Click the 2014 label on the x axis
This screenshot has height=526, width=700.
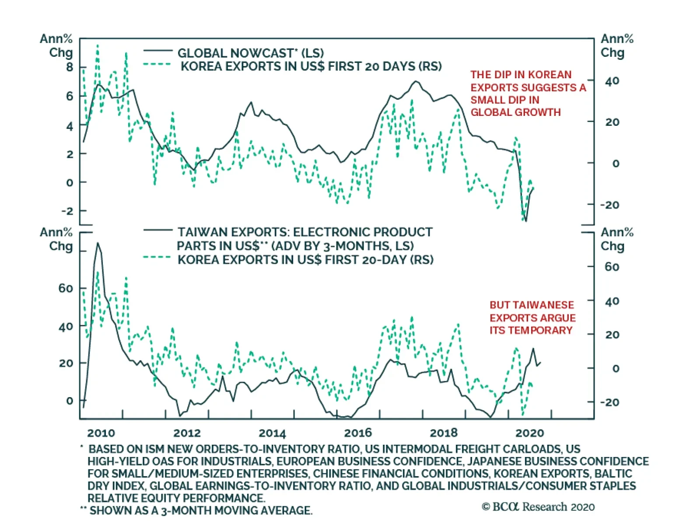(272, 433)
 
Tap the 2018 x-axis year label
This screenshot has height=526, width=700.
(443, 433)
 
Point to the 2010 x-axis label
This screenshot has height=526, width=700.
(101, 433)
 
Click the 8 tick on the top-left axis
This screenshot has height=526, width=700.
(70, 67)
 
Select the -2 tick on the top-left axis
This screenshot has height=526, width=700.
(67, 211)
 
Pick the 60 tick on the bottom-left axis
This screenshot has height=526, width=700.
(66, 288)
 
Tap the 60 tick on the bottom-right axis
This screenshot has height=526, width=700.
(612, 266)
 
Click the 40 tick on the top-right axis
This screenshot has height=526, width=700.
(612, 81)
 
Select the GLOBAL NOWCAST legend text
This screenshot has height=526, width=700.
(250, 53)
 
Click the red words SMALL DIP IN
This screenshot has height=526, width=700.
(505, 100)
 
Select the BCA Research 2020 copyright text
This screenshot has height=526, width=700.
(538, 507)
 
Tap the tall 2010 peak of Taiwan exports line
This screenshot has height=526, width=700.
(98, 243)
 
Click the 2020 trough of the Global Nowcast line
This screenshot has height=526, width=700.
(525, 221)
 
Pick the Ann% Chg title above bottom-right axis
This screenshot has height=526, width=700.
(616, 239)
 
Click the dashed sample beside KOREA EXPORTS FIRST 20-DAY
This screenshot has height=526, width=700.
(157, 257)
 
